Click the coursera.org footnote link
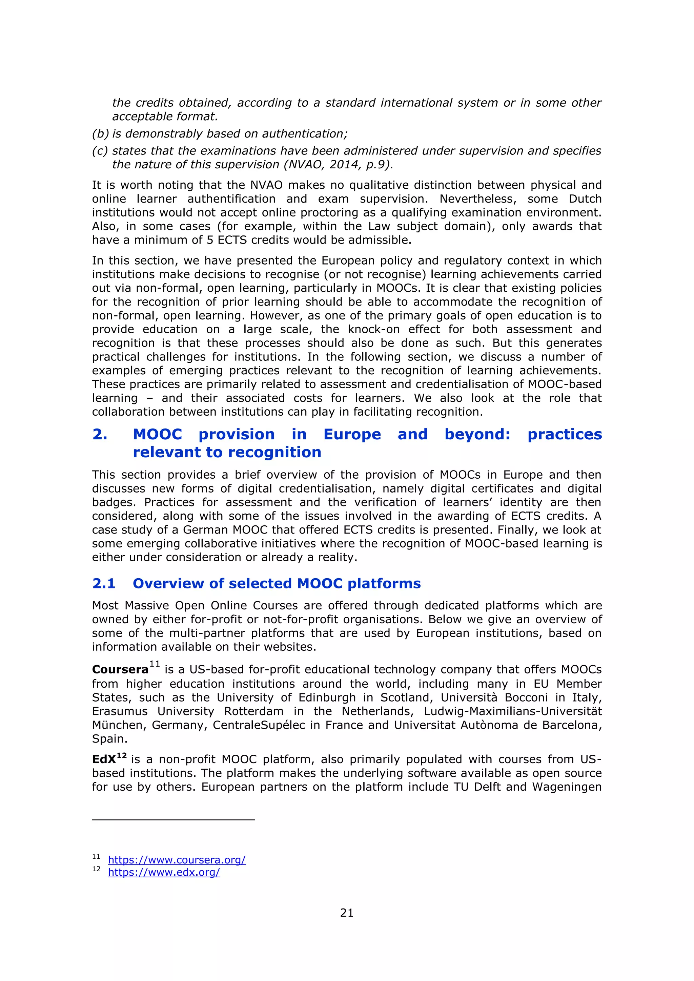tap(177, 860)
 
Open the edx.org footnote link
tap(164, 873)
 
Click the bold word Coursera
tap(120, 669)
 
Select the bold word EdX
tap(104, 759)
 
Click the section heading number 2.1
tap(104, 583)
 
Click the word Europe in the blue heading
tap(352, 434)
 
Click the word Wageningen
tap(567, 787)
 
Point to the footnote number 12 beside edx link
tap(96, 869)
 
